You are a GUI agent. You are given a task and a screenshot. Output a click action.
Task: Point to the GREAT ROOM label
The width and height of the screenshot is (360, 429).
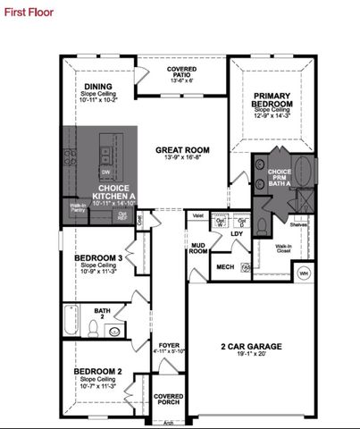point(181,150)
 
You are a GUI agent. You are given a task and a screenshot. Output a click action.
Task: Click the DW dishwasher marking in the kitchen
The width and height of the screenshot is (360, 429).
point(105,172)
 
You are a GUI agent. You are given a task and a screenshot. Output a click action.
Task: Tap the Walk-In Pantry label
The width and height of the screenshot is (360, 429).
point(78,209)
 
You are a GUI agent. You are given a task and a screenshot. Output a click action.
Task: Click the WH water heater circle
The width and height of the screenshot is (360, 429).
point(303,273)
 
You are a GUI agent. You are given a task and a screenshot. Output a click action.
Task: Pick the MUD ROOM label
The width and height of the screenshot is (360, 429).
point(198,248)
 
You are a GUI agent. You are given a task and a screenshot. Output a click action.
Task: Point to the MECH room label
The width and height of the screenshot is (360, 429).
point(225,265)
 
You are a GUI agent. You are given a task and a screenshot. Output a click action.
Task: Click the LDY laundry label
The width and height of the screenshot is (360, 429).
point(237,234)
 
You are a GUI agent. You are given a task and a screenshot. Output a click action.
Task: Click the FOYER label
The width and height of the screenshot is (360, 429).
point(169,344)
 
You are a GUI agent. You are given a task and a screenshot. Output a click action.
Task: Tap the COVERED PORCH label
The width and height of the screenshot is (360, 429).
point(169,400)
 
